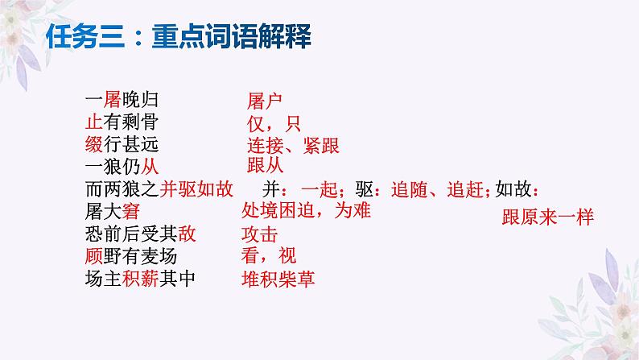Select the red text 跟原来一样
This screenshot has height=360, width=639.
[x=547, y=217]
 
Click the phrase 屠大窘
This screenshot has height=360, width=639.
[x=112, y=212]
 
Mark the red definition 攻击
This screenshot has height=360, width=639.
[x=259, y=235]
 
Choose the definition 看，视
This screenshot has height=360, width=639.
[x=268, y=256]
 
